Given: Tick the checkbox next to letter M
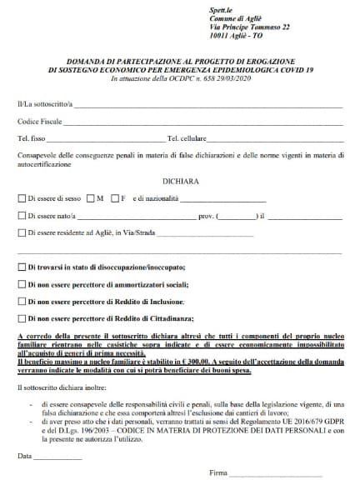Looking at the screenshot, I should [x=89, y=198].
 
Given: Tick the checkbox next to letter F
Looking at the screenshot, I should [x=115, y=198].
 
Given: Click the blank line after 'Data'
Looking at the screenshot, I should [x=58, y=457].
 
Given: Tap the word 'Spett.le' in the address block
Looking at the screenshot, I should [x=222, y=7].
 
